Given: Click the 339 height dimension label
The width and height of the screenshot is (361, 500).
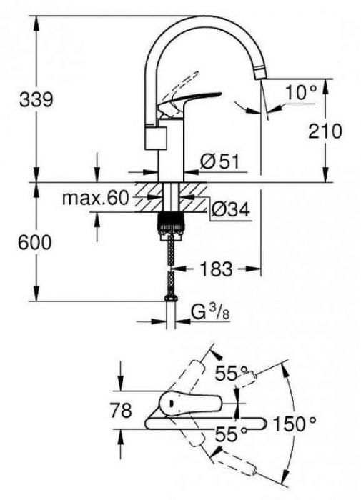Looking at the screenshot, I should pyautogui.click(x=35, y=99).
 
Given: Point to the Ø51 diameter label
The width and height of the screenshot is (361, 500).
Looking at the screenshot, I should pyautogui.click(x=219, y=163).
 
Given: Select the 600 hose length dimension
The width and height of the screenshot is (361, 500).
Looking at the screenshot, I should pyautogui.click(x=35, y=243).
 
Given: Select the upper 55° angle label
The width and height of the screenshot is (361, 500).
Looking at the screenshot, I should pyautogui.click(x=232, y=372).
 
